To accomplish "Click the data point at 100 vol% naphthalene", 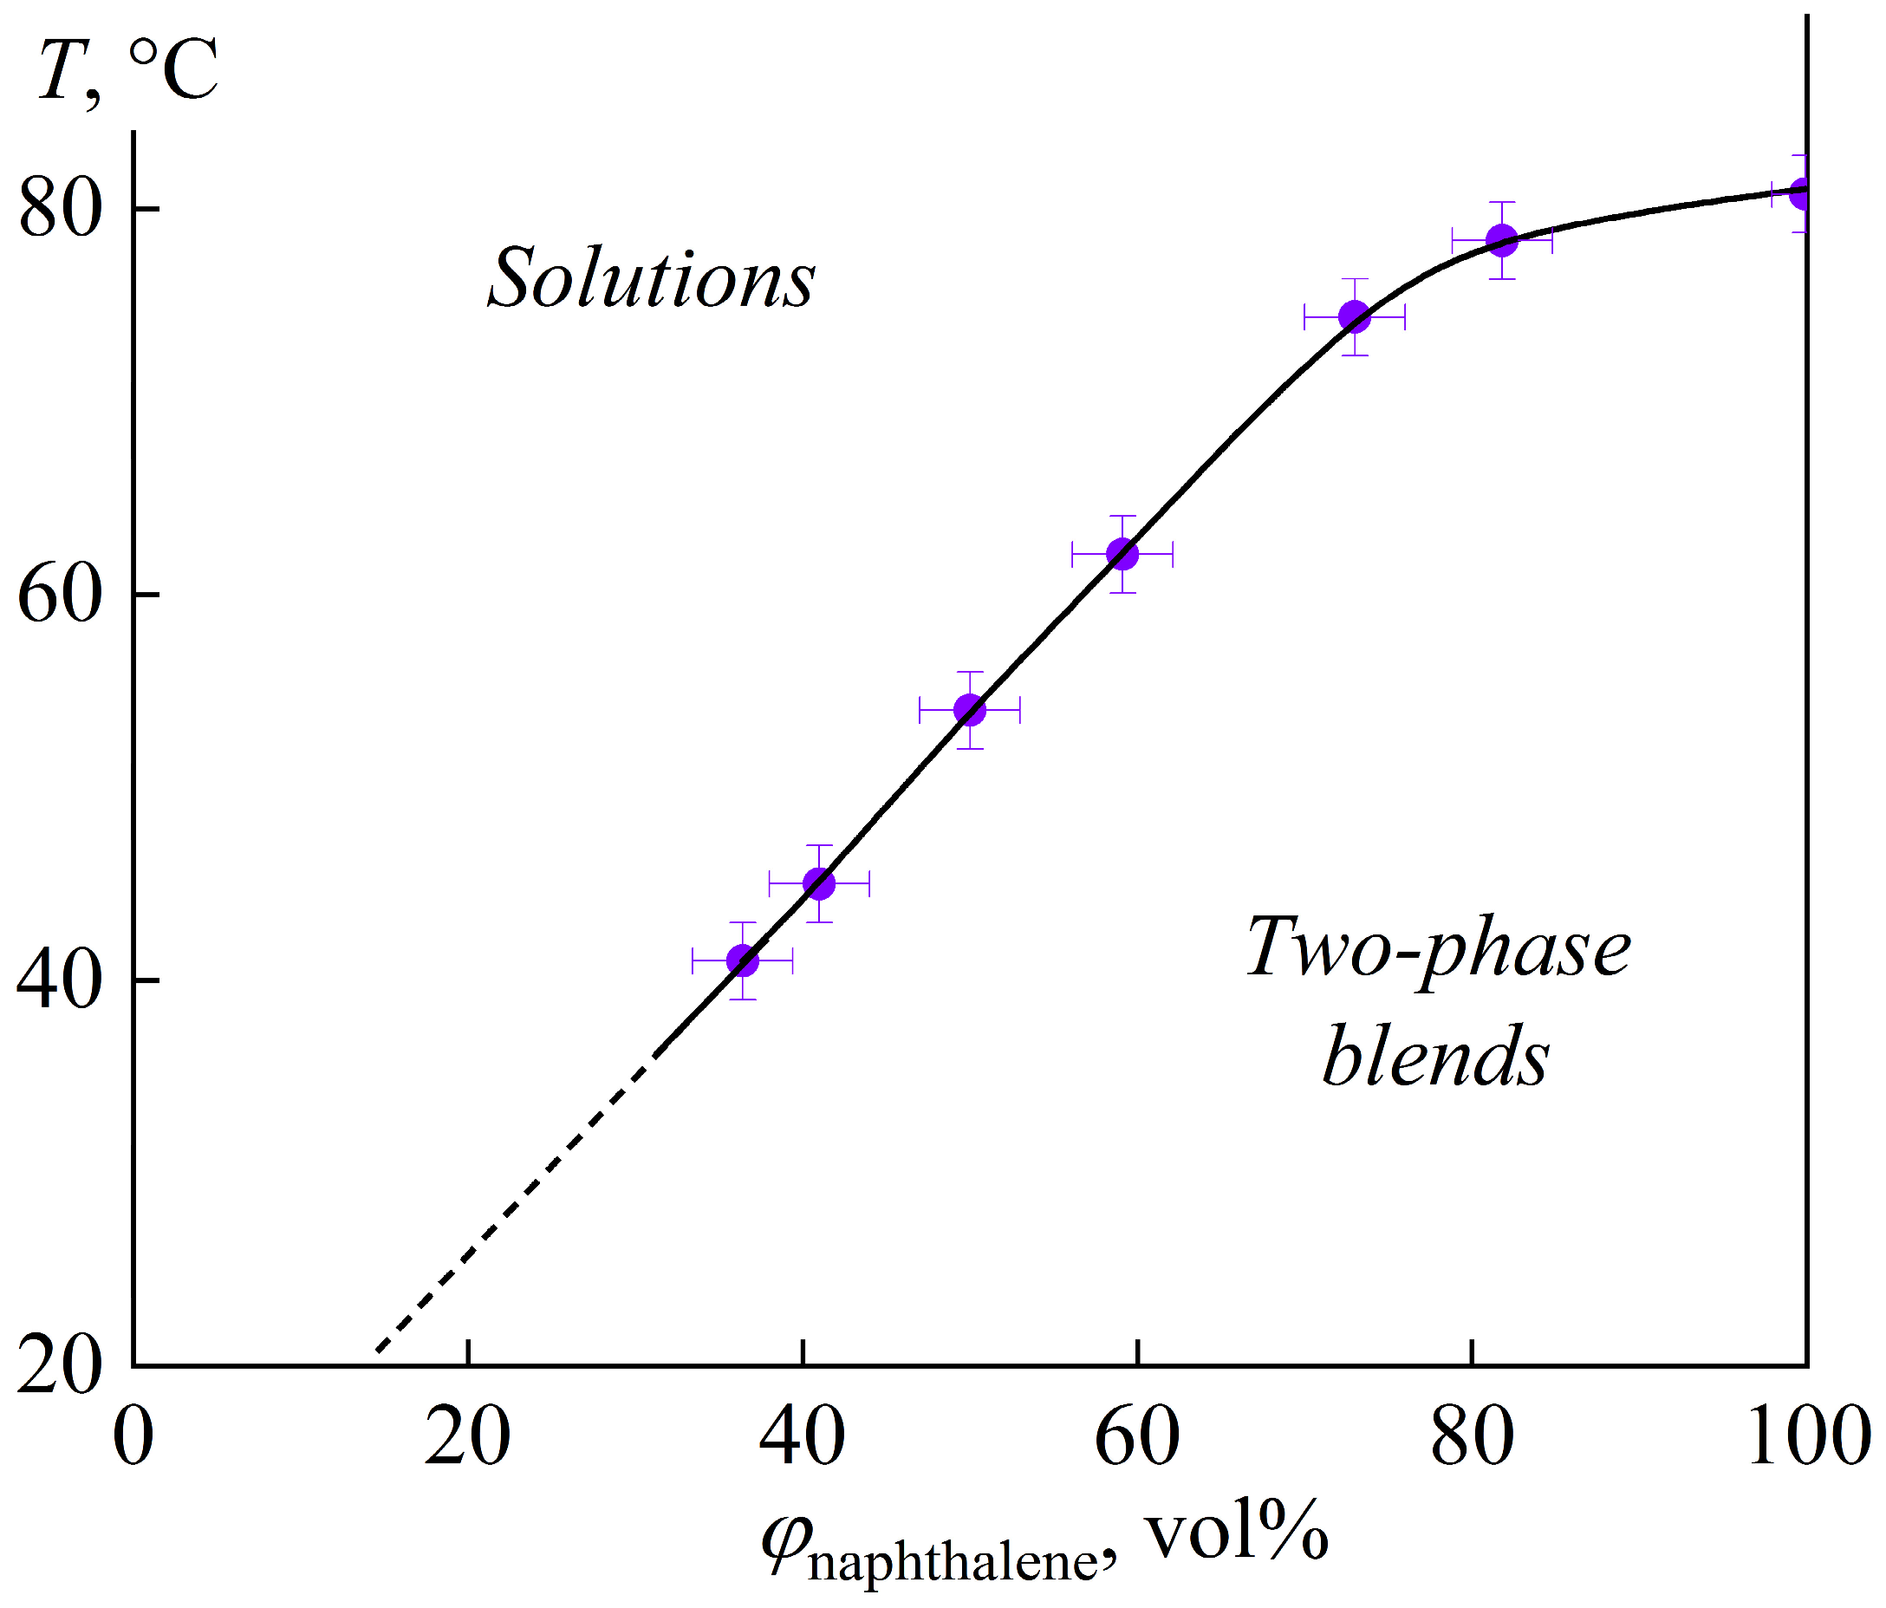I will pyautogui.click(x=1802, y=193).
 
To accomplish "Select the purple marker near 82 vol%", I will pyautogui.click(x=1502, y=240).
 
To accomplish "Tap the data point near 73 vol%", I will pyautogui.click(x=1355, y=317).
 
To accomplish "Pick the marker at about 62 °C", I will pyautogui.click(x=1122, y=554).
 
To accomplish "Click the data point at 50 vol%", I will pyautogui.click(x=969, y=710).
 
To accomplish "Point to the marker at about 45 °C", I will pyautogui.click(x=819, y=883).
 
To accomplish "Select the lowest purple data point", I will pyautogui.click(x=743, y=960).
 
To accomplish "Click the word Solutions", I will pyautogui.click(x=652, y=278).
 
